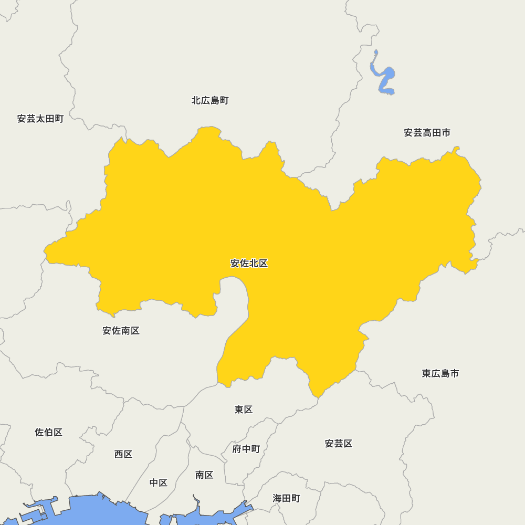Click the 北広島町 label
pos(210,100)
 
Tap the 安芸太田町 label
pos(40,119)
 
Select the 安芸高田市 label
pos(427,133)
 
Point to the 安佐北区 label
pos(249,264)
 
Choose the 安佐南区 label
pos(121,331)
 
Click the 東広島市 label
pos(440,373)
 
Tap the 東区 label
pos(244,409)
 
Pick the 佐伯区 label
pos(49,433)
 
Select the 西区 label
pos(123,454)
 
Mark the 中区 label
pos(158,482)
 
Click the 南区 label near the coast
pos(204,475)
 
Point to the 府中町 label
pos(246,449)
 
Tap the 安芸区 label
pos(339,444)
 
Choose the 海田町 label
pos(287,498)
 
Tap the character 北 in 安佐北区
pos(254,264)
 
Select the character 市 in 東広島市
pos(454,373)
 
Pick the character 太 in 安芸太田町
pos(40,119)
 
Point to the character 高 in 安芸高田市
pos(427,133)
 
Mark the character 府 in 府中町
pos(237,449)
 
